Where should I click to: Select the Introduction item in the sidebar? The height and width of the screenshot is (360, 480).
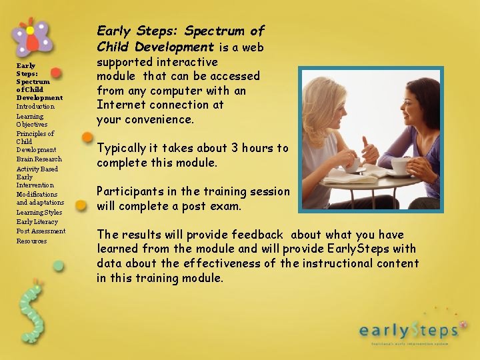pos(35,107)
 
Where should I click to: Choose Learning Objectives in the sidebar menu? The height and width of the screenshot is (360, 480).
pos(31,120)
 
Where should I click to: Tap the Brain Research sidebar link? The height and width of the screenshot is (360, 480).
pos(39,159)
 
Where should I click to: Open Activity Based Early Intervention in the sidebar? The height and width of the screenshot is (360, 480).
pos(37,177)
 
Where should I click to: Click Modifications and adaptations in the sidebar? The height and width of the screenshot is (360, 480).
pos(40,199)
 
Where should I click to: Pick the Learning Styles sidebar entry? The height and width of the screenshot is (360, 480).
pos(39,212)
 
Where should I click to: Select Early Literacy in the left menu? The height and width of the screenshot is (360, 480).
pos(37,222)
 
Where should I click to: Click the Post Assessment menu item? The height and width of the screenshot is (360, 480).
pos(41,231)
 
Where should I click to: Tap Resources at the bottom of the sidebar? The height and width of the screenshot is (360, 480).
pos(31,241)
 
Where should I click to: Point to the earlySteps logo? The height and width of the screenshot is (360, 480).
pos(408,329)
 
